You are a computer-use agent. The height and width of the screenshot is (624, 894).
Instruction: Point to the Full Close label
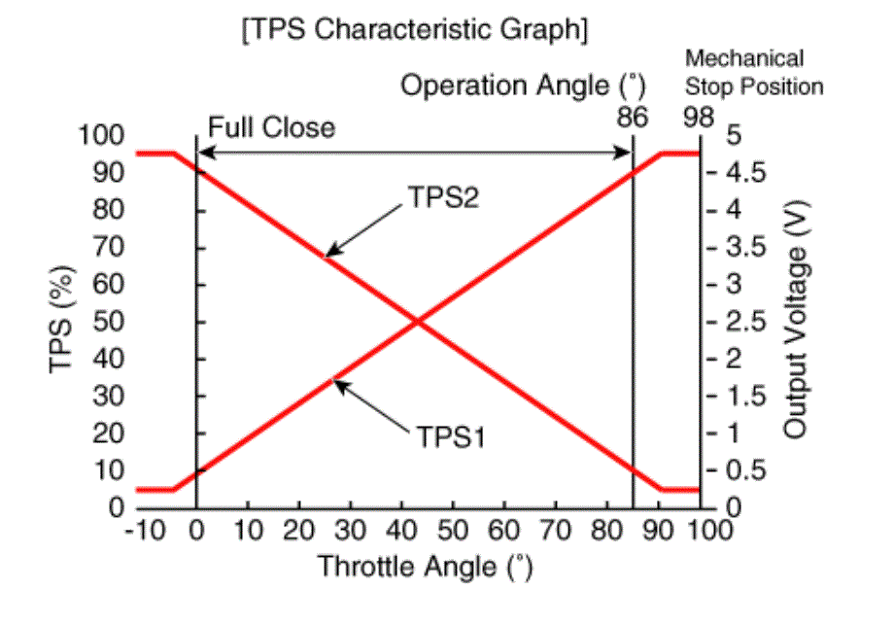click(271, 127)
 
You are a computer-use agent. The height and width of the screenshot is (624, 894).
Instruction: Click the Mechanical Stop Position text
click(754, 72)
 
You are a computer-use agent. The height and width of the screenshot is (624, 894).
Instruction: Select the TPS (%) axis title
click(59, 321)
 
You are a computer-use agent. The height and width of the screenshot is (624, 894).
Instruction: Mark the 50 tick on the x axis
click(453, 532)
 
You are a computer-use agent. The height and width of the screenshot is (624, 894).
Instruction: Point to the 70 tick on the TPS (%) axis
click(109, 247)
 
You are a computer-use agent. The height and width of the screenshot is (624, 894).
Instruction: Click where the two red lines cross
click(418, 322)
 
